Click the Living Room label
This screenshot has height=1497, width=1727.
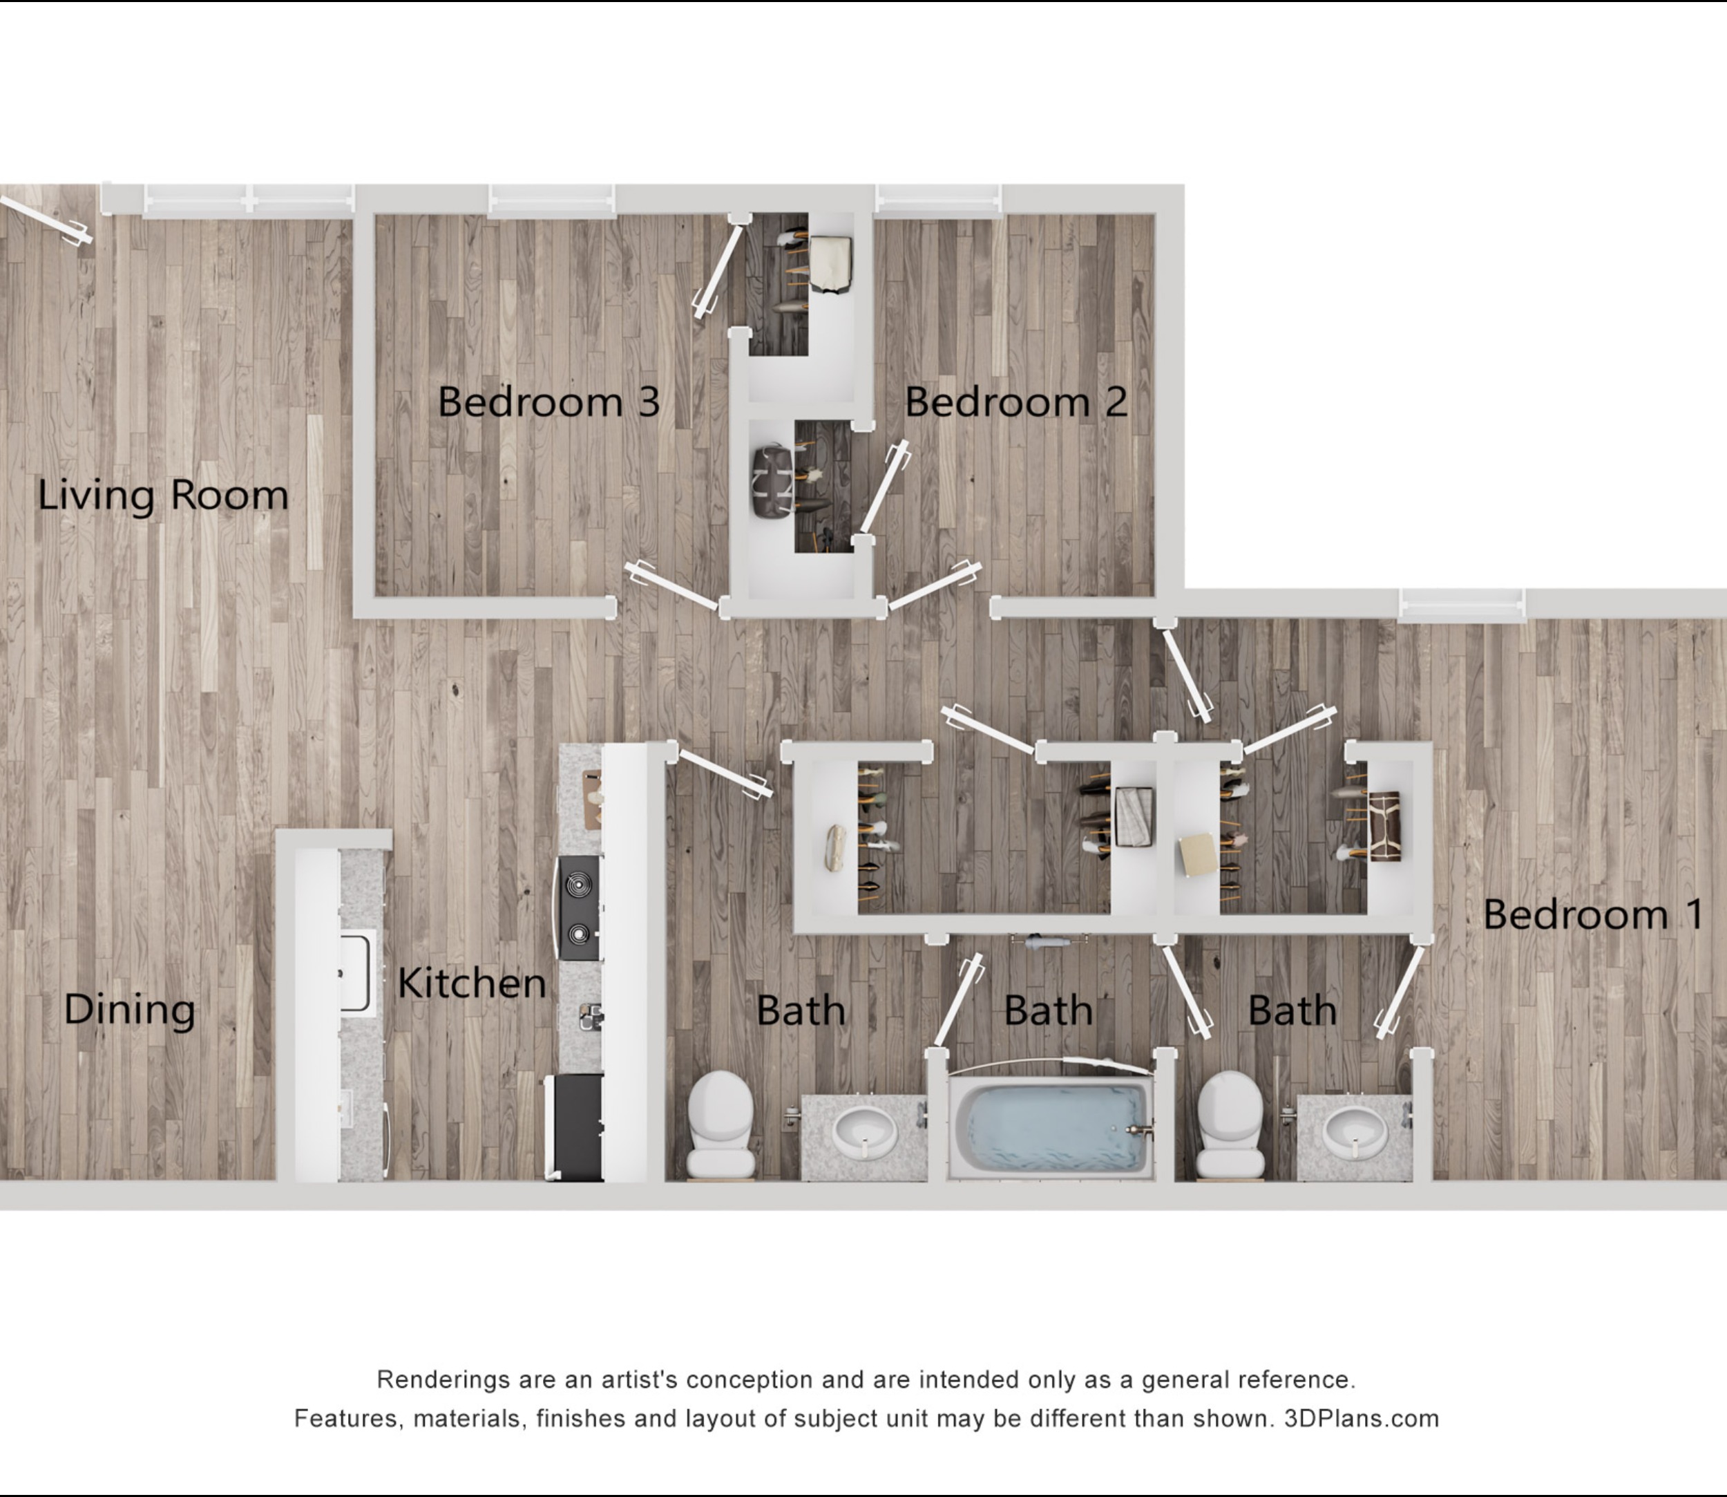pos(164,496)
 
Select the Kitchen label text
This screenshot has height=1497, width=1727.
pos(472,983)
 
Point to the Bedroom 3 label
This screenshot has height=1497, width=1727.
pos(548,402)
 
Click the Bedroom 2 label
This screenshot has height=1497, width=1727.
pos(1016,402)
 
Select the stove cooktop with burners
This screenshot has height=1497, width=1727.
pos(579,907)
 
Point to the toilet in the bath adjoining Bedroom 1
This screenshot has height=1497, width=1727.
pos(1230,1124)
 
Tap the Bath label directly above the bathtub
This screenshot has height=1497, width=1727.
pos(1048,1011)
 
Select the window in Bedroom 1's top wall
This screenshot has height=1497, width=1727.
pos(1462,605)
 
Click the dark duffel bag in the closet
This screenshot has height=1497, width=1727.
pos(772,481)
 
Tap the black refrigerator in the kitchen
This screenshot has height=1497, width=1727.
pos(575,1126)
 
